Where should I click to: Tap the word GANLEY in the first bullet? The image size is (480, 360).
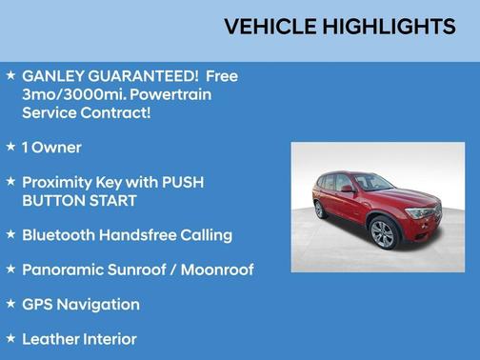click(52, 76)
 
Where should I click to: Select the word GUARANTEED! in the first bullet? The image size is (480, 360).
click(146, 76)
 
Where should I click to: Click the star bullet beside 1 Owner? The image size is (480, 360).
click(10, 147)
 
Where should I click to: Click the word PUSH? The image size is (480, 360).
click(182, 182)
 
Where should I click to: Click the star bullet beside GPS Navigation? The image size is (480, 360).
click(10, 304)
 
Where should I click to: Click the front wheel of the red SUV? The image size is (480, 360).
click(383, 232)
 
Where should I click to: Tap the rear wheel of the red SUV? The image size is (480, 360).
click(320, 210)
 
